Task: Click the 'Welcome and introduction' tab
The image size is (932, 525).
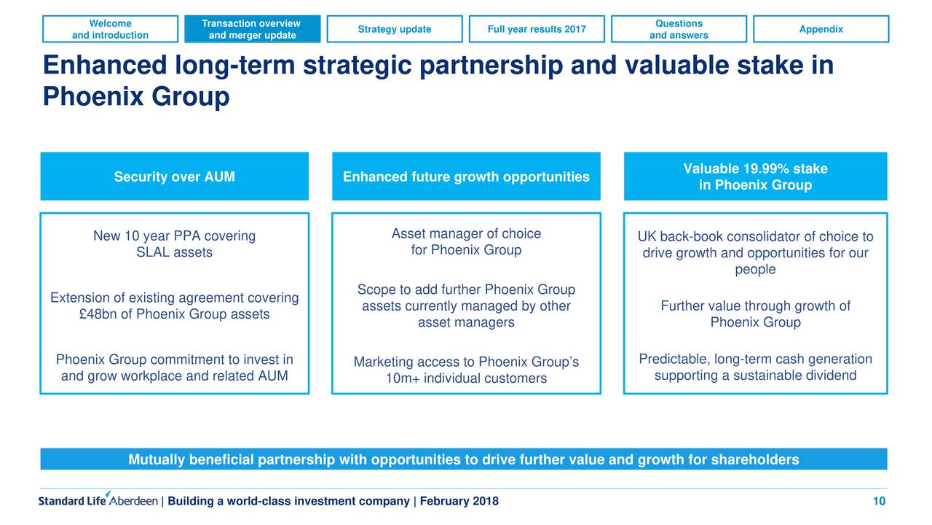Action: coord(110,29)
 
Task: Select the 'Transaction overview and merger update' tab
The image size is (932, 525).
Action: coord(253,29)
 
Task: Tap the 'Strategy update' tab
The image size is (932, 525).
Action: coord(395,29)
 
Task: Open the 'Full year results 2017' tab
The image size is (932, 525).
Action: coord(537,29)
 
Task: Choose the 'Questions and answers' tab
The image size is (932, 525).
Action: coord(679,29)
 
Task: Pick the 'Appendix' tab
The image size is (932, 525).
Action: coord(821,29)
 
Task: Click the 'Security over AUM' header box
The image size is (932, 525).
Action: coord(175,176)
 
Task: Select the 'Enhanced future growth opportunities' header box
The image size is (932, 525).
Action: coord(467,176)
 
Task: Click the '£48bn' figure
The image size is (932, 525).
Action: coord(98,314)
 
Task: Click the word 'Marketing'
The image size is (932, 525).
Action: coord(383,362)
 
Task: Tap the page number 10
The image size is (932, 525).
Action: coord(879,501)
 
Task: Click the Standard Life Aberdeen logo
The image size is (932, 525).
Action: coord(98,499)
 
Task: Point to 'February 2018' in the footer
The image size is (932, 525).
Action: coord(459,501)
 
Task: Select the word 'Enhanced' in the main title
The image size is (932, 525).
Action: coord(105,66)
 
